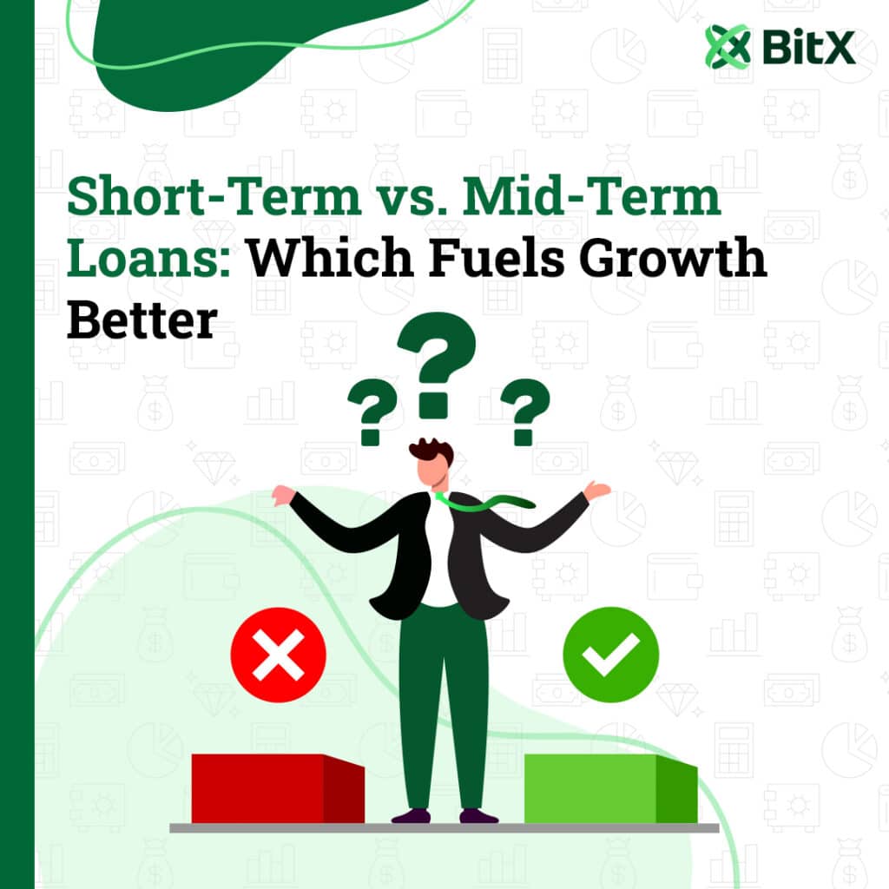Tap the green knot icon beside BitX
coord(728,47)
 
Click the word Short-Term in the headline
coord(214,196)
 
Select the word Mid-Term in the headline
coord(591,196)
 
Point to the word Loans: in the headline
coord(149,257)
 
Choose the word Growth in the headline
coord(673,257)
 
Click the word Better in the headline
coord(142,320)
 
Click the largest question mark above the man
coord(437,365)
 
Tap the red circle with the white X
coord(279,655)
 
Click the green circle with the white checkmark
coord(610,655)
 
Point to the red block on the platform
coord(278,788)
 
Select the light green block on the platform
coord(610,788)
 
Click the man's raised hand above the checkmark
coord(597,491)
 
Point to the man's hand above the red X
coord(283,495)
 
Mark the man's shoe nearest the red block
coord(411,816)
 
